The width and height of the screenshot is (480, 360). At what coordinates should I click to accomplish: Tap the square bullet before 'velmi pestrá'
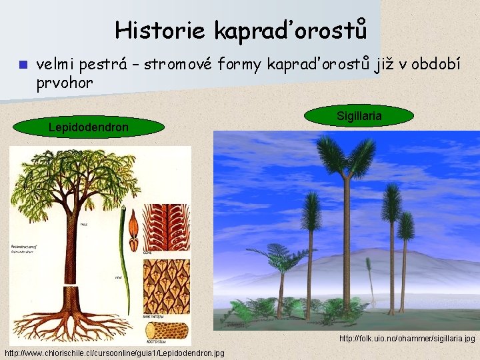[x=21, y=65]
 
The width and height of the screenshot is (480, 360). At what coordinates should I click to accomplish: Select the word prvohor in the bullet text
[x=65, y=82]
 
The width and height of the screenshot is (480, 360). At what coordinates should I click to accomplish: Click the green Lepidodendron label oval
[x=89, y=127]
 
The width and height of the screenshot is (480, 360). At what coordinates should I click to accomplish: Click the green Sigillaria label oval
[x=359, y=116]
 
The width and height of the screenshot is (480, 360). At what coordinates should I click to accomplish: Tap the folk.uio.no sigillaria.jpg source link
[x=407, y=339]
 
